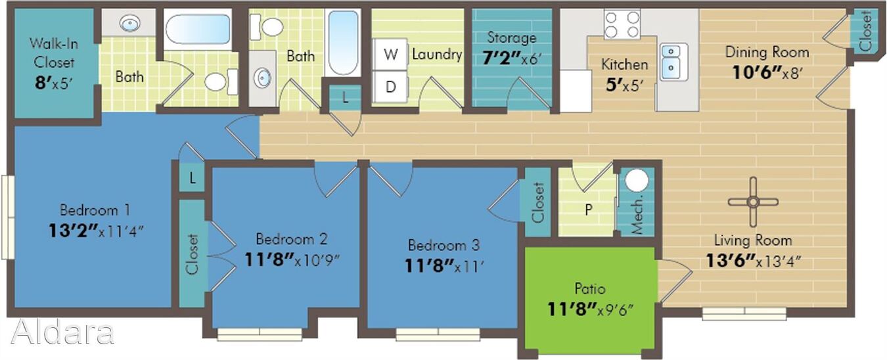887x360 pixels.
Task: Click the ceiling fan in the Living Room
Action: (x=753, y=202)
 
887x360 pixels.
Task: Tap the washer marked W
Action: (x=390, y=55)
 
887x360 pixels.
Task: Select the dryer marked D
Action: (x=390, y=87)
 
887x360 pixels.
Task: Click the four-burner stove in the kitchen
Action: (x=622, y=24)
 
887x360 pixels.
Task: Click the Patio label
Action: (x=590, y=288)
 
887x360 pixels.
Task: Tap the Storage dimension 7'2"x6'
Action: (x=511, y=58)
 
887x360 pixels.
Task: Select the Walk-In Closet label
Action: (x=53, y=53)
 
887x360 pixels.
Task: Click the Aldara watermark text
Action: (x=62, y=332)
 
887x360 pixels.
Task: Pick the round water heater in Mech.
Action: (x=637, y=180)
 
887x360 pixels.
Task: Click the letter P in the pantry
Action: (x=589, y=209)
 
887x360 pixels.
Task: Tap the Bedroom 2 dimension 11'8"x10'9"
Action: (x=292, y=259)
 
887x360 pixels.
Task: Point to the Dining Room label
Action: (x=767, y=53)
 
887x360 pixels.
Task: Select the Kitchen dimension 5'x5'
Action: (x=624, y=85)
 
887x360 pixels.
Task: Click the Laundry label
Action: (x=437, y=55)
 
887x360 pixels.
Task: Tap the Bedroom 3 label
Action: (x=444, y=245)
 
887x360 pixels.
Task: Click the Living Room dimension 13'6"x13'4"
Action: (x=753, y=261)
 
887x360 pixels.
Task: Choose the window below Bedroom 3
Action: (x=438, y=334)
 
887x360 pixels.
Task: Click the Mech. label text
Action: (x=637, y=215)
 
